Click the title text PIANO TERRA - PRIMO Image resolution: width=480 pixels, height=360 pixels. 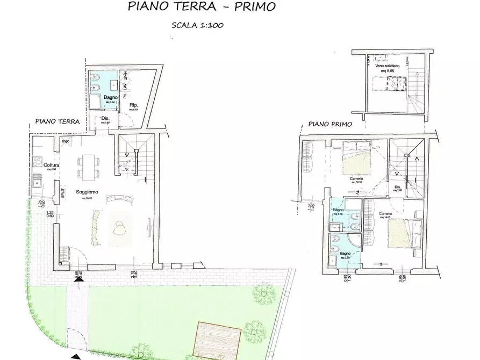point(202,7)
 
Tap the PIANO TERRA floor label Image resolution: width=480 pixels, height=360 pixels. point(58,122)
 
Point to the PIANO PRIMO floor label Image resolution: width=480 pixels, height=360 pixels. point(330,124)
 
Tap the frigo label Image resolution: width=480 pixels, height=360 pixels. point(66,141)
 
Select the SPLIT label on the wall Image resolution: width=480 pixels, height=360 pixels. point(63,192)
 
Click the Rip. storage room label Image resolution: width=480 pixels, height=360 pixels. point(134,105)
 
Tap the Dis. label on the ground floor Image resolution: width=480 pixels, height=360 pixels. point(105,119)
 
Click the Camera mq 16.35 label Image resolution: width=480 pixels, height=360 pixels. point(356,179)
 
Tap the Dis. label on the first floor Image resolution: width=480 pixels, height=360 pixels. point(398,187)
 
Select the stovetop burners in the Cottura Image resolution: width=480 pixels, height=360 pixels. point(37,160)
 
